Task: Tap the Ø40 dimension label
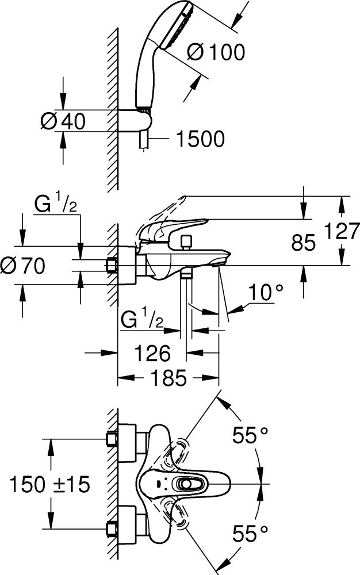point(63,122)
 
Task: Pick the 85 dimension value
point(304,244)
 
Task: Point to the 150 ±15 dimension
point(50,485)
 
